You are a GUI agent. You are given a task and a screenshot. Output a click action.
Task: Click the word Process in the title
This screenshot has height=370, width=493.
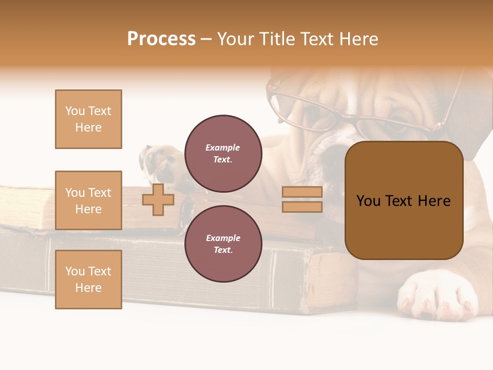(x=161, y=39)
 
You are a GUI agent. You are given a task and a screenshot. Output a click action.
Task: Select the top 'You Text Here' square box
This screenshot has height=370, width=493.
(x=88, y=119)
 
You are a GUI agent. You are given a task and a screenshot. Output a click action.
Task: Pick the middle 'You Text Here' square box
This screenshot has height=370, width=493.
(x=88, y=200)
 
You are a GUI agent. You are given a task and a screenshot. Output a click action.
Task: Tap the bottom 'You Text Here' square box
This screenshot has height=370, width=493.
(x=88, y=280)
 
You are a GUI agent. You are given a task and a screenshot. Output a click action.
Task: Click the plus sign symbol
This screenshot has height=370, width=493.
(x=158, y=199)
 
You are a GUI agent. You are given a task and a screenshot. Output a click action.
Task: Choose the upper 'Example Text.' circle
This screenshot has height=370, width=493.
(x=223, y=153)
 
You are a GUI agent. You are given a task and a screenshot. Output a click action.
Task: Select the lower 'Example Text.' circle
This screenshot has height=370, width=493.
(x=223, y=244)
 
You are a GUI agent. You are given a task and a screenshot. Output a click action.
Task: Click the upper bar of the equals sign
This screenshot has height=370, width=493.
(x=302, y=192)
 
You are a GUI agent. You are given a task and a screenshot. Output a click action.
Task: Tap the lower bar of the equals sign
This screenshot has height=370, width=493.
(x=302, y=207)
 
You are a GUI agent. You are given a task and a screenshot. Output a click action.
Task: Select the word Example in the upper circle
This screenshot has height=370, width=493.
(x=223, y=147)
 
